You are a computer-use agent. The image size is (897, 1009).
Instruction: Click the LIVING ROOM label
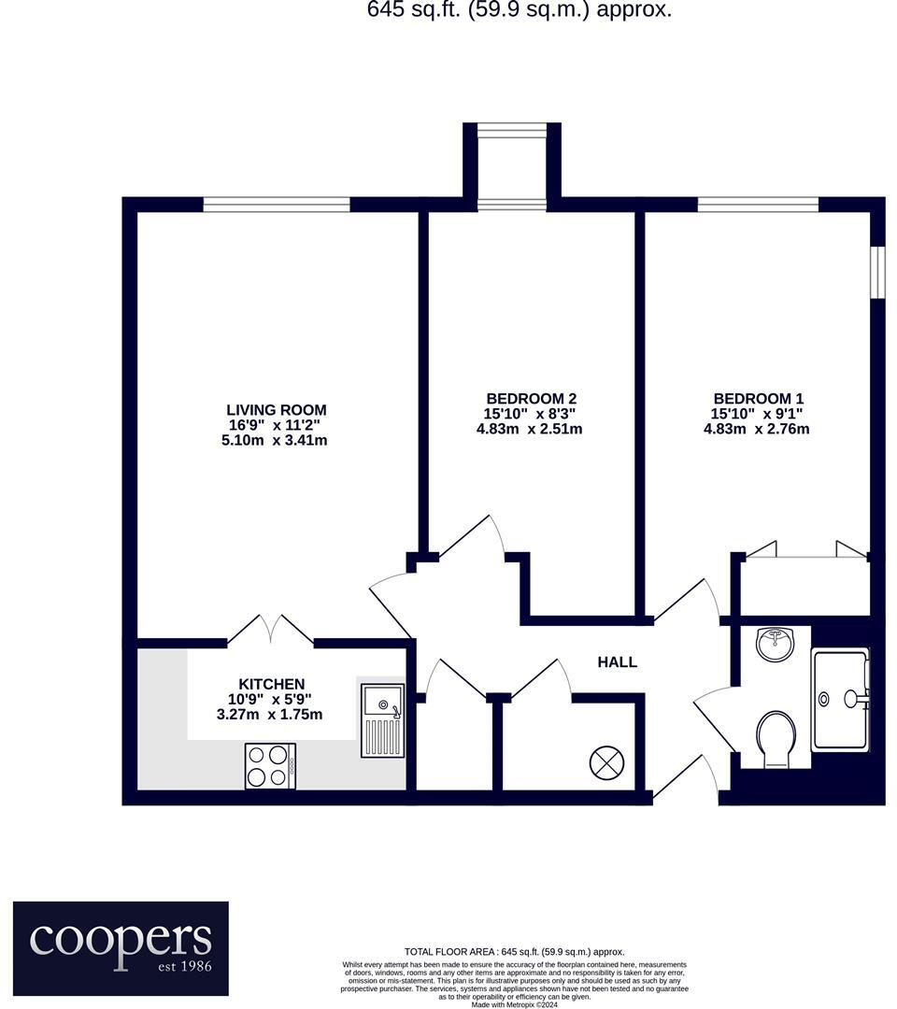point(277,409)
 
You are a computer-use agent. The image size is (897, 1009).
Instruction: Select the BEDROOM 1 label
point(757,397)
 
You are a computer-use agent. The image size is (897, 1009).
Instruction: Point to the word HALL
point(618,662)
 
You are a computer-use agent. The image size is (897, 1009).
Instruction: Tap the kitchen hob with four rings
point(270,766)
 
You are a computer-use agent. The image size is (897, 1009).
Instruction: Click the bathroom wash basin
point(775,644)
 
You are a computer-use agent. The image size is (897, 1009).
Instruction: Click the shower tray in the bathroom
point(840,700)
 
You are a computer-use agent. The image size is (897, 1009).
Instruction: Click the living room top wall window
point(277,204)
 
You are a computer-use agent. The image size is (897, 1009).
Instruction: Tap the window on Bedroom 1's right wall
point(876,272)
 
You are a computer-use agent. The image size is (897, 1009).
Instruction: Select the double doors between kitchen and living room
point(270,632)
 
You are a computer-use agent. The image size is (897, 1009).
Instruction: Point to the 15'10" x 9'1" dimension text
point(757,413)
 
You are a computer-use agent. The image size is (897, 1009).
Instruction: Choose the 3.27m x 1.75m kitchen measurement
point(270,715)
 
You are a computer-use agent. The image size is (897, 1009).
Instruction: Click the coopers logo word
point(121,937)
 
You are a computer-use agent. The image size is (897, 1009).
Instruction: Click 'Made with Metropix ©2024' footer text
point(514,1004)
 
